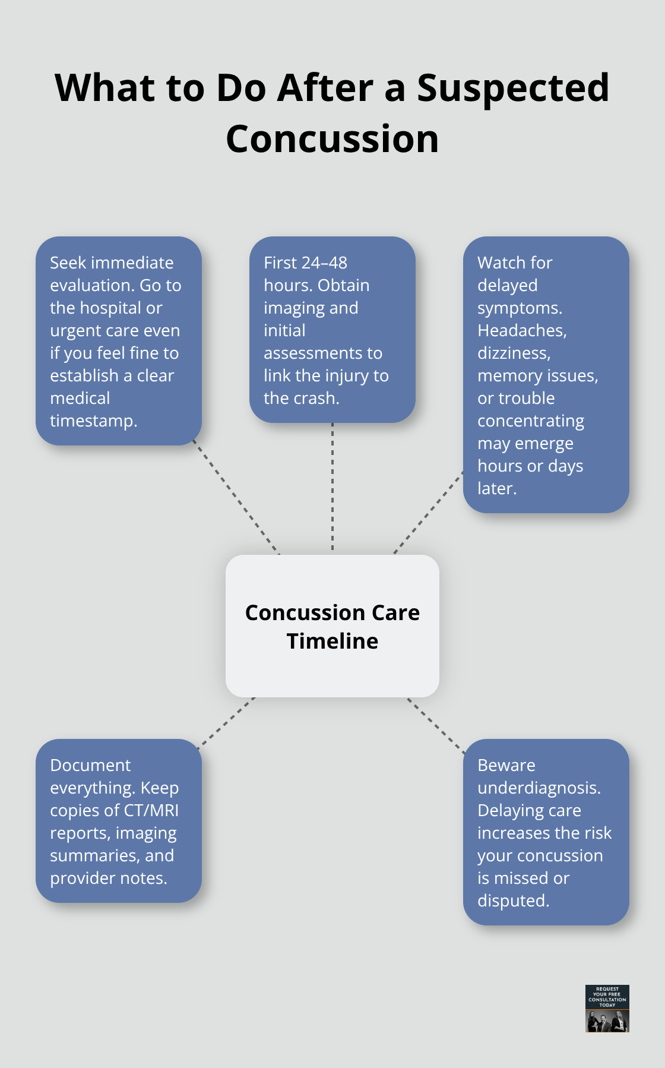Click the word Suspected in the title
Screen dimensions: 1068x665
(x=513, y=88)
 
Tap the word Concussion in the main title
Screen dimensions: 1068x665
(x=332, y=139)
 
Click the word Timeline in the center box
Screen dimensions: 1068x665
(x=332, y=642)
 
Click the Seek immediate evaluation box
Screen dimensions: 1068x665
(x=118, y=341)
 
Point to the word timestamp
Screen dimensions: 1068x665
(x=93, y=421)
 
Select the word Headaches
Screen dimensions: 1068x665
(x=522, y=330)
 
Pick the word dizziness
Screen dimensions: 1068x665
(x=514, y=353)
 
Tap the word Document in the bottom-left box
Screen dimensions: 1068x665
(x=90, y=766)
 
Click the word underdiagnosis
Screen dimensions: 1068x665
(x=539, y=788)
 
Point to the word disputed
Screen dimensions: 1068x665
(x=513, y=901)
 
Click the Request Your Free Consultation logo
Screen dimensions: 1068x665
(x=607, y=1009)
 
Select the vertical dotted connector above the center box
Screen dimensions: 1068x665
(x=332, y=487)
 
